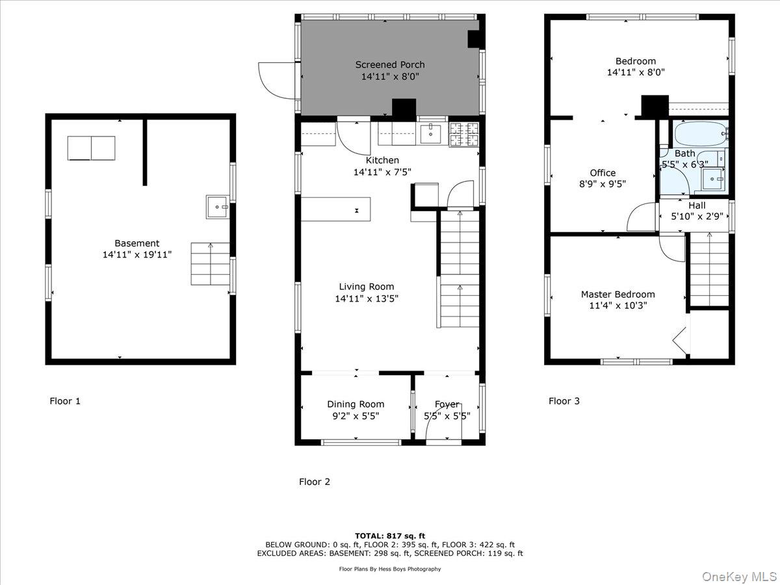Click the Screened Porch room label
point(390,64)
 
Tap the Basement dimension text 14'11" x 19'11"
point(136,255)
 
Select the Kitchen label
point(382,161)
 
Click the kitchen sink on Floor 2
point(431,134)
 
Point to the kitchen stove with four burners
point(464,134)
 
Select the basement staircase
point(210,264)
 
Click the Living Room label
point(367,287)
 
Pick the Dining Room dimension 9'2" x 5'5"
point(356,416)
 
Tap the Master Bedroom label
point(617,294)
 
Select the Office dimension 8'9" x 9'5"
point(603,184)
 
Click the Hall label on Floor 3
point(697,205)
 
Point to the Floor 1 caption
point(65,401)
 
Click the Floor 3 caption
point(564,401)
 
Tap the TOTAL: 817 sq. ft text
point(390,536)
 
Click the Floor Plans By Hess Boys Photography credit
point(390,569)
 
